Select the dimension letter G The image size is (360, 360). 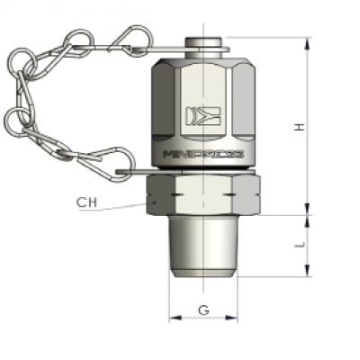pos(203,310)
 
